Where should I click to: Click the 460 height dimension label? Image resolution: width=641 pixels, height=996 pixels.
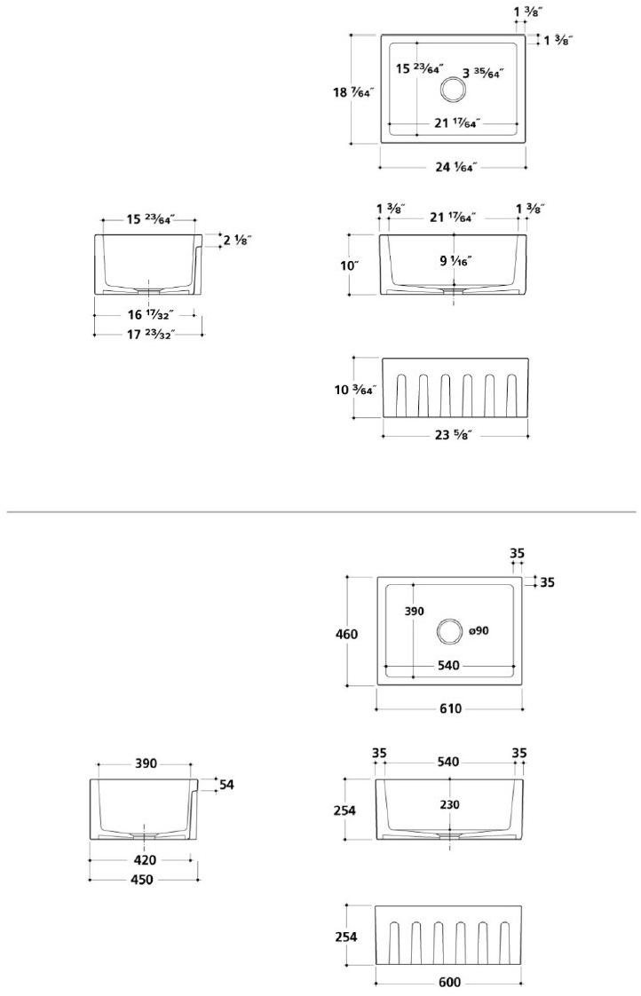346,634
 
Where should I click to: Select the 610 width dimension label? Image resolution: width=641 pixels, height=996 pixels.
449,709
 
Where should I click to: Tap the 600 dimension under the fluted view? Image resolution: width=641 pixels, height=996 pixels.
449,983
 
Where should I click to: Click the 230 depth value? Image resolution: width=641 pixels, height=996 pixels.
449,804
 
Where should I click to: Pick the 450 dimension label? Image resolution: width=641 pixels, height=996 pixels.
142,880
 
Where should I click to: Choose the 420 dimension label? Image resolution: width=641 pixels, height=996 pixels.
145,859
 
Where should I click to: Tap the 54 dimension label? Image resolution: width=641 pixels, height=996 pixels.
226,785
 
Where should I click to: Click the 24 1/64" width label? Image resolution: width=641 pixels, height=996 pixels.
456,167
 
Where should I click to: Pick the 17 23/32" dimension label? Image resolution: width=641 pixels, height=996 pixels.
149,334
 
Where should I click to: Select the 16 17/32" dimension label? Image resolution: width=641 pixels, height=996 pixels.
149,313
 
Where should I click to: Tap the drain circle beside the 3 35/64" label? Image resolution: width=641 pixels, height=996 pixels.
454,89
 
